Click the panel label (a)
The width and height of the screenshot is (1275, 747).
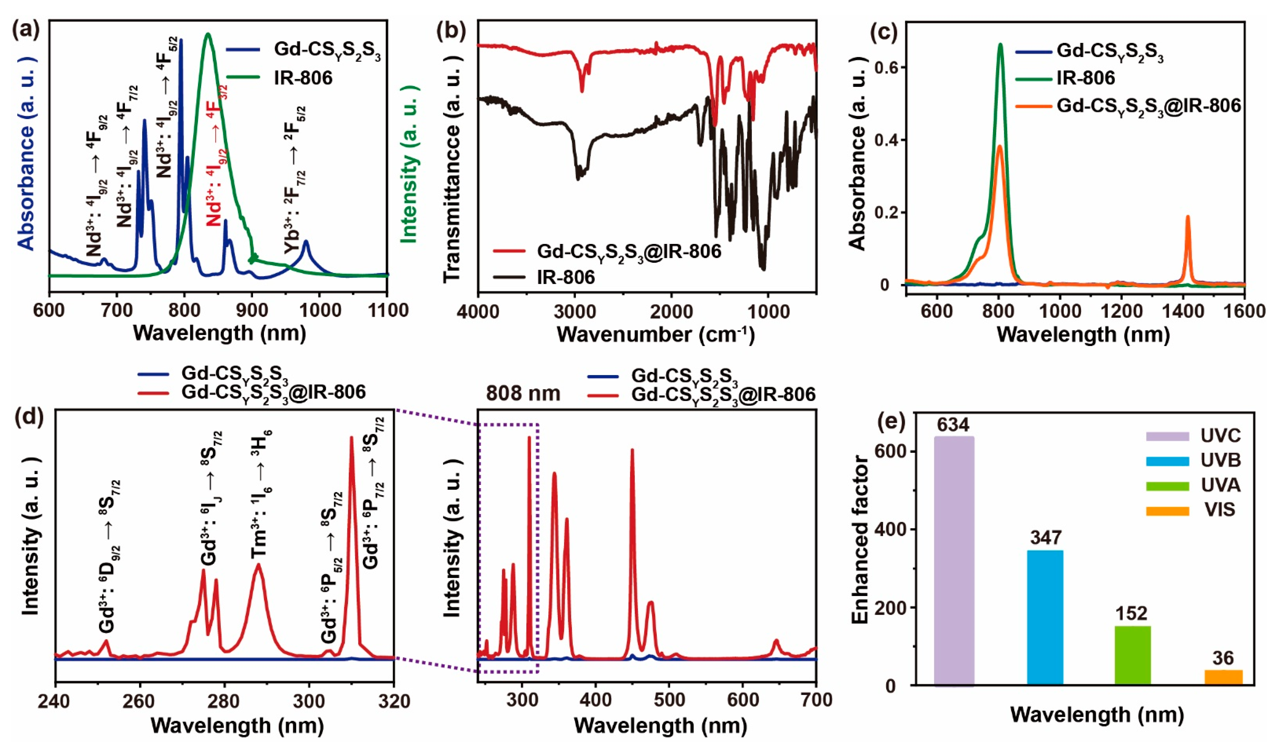click(x=26, y=30)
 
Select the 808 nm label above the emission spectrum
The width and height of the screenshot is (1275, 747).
click(x=523, y=393)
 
